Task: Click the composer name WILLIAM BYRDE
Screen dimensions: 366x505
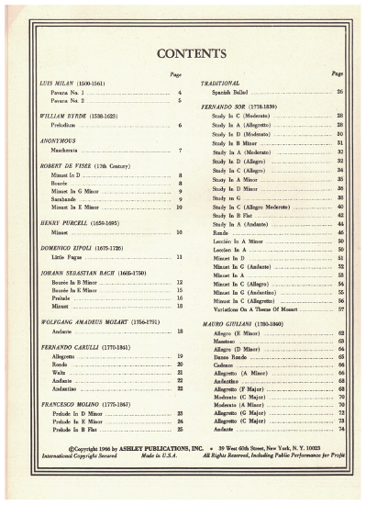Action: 62,117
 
